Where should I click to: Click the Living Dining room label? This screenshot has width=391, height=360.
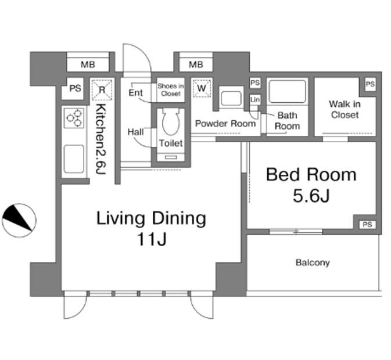click(x=152, y=229)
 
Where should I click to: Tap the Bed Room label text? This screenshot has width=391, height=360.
click(x=311, y=185)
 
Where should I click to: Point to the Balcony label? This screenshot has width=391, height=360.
click(x=313, y=262)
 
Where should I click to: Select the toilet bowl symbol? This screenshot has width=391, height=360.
click(x=171, y=121)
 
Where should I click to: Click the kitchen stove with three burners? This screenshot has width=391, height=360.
click(x=74, y=118)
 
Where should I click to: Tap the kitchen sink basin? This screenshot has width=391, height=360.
click(x=74, y=159)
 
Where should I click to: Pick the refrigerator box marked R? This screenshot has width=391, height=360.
click(x=102, y=89)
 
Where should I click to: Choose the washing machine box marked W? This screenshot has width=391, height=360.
click(x=202, y=88)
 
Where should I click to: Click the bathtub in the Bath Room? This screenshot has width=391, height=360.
click(x=287, y=91)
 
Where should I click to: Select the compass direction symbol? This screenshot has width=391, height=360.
click(x=19, y=221)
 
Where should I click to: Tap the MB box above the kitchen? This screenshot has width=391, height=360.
click(x=88, y=65)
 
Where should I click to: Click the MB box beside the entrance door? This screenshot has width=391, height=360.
click(x=196, y=65)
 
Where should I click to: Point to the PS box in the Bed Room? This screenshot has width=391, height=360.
click(x=367, y=225)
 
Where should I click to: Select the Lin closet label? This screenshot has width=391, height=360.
click(x=255, y=100)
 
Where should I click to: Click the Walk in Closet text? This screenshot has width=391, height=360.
click(x=345, y=109)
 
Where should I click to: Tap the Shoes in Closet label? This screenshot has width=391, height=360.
click(x=171, y=89)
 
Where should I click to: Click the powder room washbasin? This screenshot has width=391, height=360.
click(x=231, y=98)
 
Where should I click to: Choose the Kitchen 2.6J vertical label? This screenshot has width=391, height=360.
click(x=101, y=139)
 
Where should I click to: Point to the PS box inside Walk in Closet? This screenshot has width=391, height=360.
click(x=370, y=84)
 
